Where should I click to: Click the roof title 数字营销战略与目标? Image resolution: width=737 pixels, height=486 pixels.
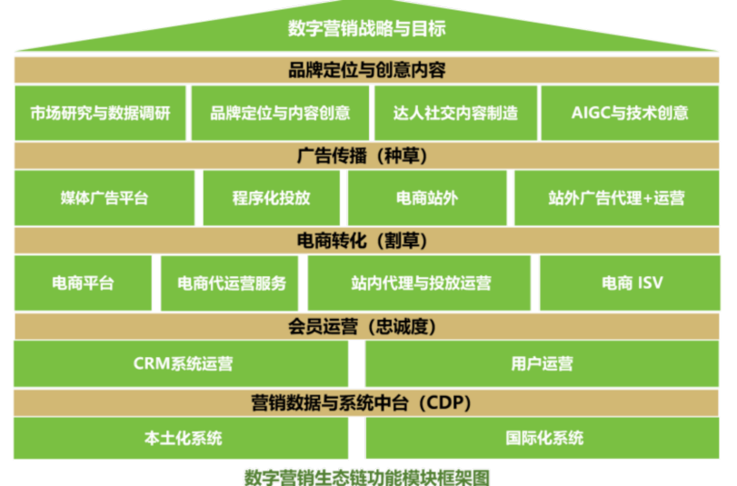coord(367,28)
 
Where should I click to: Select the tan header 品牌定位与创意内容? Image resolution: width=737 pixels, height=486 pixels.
coord(367,69)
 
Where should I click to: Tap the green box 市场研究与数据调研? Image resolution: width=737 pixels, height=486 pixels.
coord(100,113)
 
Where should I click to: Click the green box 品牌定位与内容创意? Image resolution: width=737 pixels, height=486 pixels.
coord(280,113)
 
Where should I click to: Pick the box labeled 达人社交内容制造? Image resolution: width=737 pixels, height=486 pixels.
coord(455,113)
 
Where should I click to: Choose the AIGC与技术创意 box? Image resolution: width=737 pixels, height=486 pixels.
coord(630,113)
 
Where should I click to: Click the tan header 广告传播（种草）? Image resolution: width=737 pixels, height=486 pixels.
coord(367,154)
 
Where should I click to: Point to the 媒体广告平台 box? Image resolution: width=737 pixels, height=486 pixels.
coord(104,198)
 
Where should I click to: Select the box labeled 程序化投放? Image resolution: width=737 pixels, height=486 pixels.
coord(271,198)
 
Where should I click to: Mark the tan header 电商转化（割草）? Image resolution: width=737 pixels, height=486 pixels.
coord(367,241)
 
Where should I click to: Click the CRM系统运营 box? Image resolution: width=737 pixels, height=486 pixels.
coord(182,364)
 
